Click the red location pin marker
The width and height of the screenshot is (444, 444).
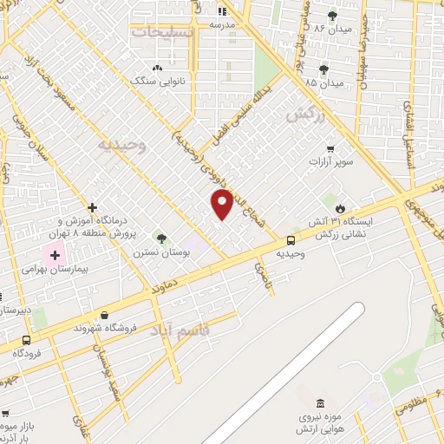(223, 204)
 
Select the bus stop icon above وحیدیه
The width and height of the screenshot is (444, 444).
(290, 239)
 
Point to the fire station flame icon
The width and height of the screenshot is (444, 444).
(340, 208)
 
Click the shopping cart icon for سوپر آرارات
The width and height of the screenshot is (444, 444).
(330, 148)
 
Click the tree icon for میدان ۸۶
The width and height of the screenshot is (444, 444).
(334, 15)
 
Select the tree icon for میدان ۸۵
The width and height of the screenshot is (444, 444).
(324, 69)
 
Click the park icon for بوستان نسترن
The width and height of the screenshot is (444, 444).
(160, 238)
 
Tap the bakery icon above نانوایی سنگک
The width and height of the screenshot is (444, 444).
(156, 68)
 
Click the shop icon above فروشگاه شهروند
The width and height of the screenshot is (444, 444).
(105, 315)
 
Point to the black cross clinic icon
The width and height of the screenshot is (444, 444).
(92, 207)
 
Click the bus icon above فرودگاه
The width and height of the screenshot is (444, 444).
(27, 340)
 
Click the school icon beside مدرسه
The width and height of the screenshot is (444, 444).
(221, 11)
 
